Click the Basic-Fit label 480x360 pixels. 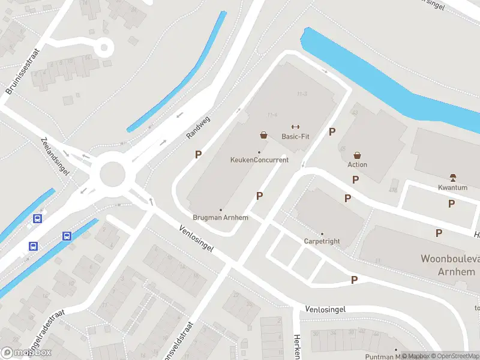295,136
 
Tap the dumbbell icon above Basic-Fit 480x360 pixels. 295,126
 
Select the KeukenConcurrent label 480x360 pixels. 259,160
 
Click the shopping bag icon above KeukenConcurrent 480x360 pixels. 263,135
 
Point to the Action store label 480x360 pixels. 357,164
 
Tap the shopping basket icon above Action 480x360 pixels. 358,155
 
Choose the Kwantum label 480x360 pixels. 453,187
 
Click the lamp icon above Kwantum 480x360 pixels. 453,177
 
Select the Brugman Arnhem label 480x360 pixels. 220,217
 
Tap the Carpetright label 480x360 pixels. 322,241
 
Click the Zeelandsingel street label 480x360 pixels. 55,155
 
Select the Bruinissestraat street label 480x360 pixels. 22,72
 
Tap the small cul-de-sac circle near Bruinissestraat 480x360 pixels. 103,46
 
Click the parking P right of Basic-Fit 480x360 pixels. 332,131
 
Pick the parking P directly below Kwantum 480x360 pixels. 451,204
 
